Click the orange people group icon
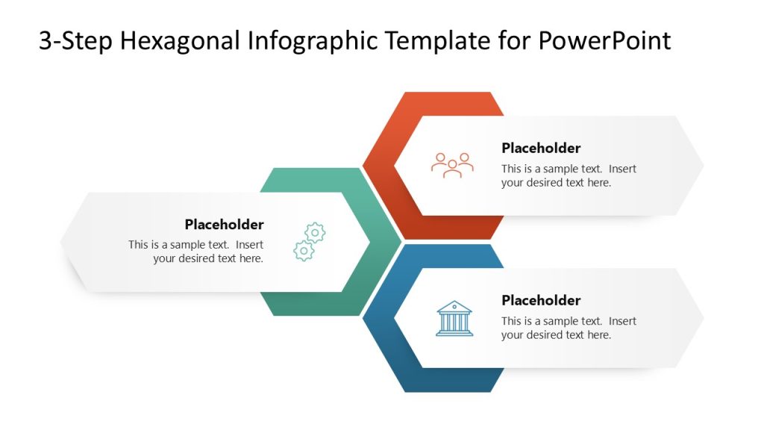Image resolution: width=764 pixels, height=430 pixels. click(452, 165)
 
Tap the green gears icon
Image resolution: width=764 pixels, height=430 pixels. click(310, 241)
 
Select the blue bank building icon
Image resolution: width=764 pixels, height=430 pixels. click(454, 319)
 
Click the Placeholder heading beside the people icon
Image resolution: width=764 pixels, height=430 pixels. click(541, 148)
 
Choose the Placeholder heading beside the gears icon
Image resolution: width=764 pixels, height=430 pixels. click(224, 225)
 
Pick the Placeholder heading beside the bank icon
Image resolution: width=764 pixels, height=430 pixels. click(541, 300)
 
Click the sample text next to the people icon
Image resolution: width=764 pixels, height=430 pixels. click(569, 175)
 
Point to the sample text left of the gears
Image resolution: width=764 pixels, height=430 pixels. click(195, 252)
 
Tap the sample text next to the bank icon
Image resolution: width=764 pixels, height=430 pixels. click(569, 328)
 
